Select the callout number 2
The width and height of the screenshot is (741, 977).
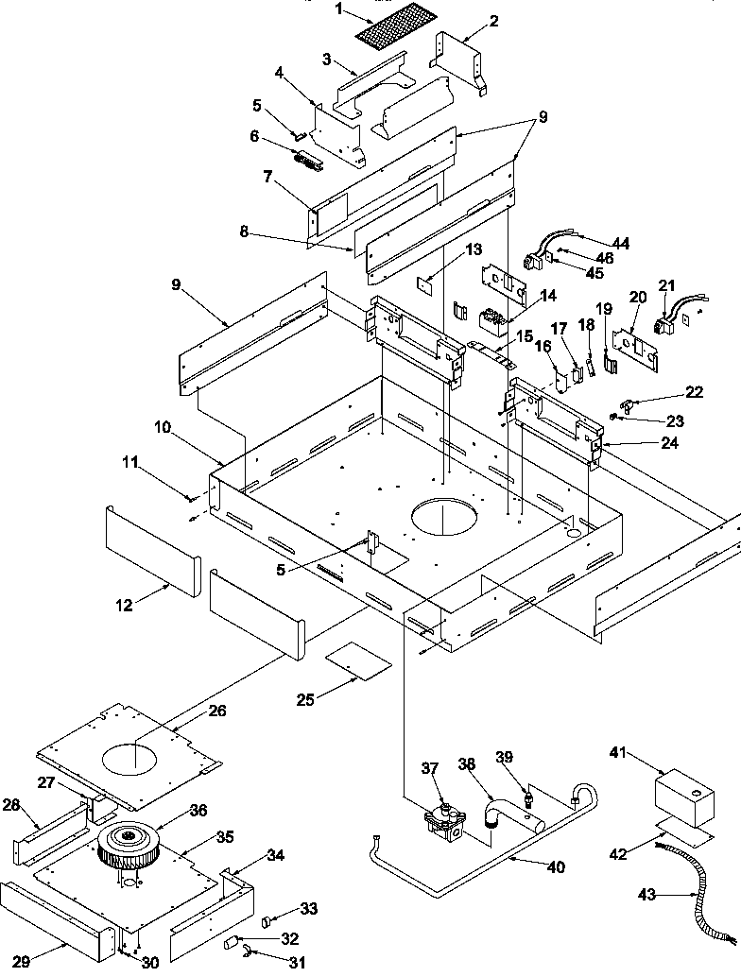(494, 20)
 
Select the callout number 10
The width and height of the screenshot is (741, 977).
(164, 428)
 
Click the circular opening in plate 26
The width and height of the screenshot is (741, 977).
(132, 754)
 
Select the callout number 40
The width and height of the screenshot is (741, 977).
(558, 867)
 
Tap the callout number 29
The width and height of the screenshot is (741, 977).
(21, 962)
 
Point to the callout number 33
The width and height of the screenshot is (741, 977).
(309, 909)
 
